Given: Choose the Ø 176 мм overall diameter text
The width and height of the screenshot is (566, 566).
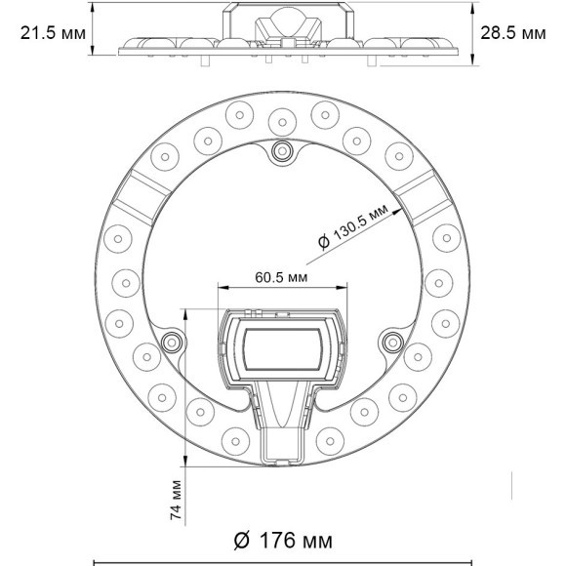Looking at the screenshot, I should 283,541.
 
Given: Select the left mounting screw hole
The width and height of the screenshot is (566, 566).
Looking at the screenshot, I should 173,341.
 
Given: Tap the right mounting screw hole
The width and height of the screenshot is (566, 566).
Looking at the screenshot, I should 393,341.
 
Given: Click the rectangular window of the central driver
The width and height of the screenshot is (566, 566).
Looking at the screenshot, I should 283,348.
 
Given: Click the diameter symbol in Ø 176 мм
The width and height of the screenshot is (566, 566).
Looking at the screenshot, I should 243,541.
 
